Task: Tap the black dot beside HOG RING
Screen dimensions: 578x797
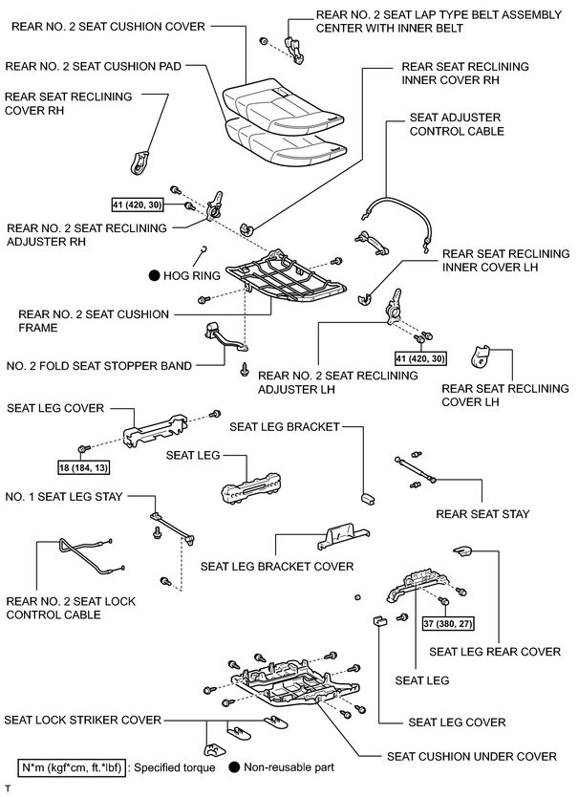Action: (154, 276)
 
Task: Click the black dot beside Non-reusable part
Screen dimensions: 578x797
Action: (234, 767)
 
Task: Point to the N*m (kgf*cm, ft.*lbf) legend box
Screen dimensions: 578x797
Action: (72, 767)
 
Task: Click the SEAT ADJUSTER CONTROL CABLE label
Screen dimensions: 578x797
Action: (457, 124)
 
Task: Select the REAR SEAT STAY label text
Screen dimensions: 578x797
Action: (482, 514)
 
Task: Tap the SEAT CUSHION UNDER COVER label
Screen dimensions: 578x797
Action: (472, 756)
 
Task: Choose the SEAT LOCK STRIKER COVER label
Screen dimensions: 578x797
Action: (82, 720)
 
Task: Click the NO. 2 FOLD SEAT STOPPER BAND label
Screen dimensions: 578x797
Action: (99, 366)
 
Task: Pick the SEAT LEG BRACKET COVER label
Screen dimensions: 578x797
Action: (277, 567)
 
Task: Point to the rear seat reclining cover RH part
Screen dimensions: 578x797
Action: (139, 162)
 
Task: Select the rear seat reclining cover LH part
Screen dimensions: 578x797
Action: (480, 356)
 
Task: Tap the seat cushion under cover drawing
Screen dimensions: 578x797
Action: (295, 683)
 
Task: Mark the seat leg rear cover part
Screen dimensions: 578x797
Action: (462, 550)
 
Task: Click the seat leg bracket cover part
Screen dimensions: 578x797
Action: (344, 538)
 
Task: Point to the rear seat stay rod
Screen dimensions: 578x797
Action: (415, 469)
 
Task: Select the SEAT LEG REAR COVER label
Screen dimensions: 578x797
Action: (495, 652)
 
